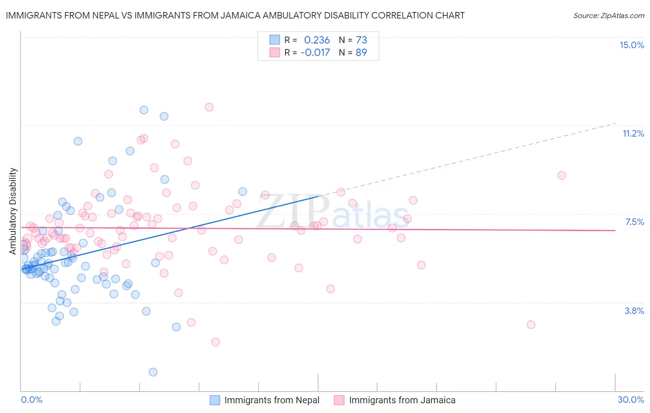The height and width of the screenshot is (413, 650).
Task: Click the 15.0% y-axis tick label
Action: tap(632, 45)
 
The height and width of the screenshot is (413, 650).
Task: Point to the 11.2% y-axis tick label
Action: tap(633, 133)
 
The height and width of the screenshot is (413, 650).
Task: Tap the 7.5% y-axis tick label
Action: tap(634, 222)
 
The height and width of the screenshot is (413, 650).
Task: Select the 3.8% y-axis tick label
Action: tap(634, 311)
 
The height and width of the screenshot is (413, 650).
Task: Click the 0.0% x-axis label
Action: tap(31, 400)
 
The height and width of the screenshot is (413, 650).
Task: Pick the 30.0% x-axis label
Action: tap(631, 400)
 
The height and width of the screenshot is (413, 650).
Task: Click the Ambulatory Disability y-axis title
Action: tap(13, 211)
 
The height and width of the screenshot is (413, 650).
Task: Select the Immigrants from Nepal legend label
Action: tap(272, 400)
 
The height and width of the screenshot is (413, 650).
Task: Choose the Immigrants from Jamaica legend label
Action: tap(402, 400)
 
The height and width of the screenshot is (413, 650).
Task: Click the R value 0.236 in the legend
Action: tap(317, 40)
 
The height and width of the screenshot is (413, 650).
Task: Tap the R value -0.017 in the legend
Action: tap(315, 52)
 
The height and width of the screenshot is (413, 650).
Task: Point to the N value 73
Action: tap(361, 40)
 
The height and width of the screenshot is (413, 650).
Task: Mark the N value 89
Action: tap(361, 52)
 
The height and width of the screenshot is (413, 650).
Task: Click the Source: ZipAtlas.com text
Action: tap(608, 15)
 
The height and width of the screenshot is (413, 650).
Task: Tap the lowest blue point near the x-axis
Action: tap(153, 372)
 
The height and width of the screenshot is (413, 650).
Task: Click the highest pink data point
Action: tap(209, 107)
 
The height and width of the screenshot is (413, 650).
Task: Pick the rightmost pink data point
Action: tap(562, 175)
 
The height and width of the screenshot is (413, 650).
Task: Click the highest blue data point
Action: tap(144, 110)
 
